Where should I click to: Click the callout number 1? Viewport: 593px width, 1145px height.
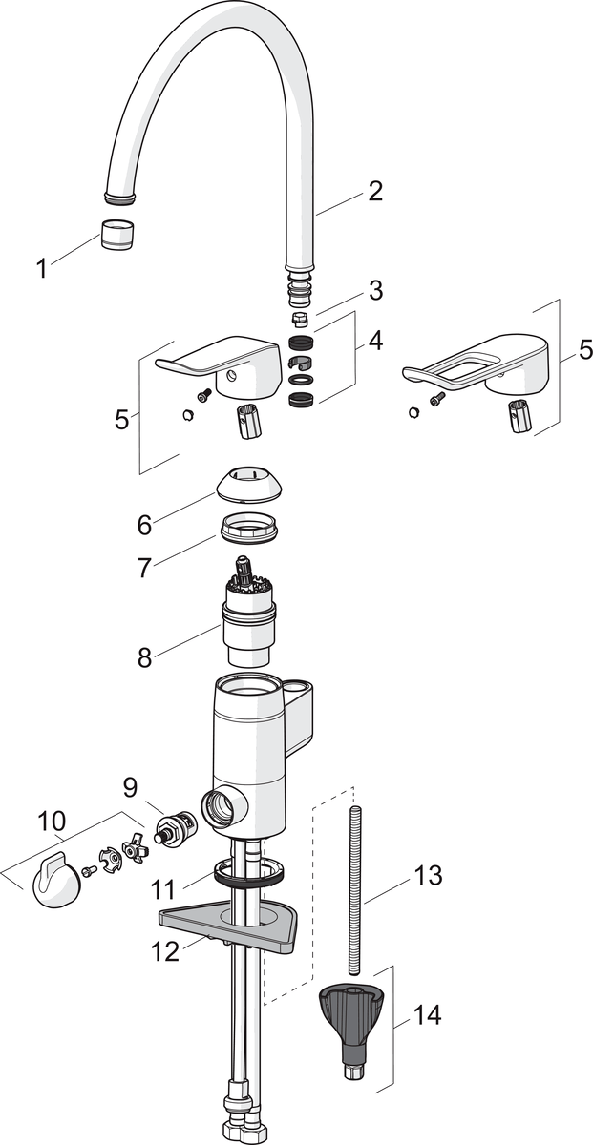click(41, 269)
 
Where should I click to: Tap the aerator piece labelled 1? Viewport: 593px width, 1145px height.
click(117, 233)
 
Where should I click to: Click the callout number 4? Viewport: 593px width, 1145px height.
click(375, 341)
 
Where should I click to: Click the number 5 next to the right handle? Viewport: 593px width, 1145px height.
click(584, 350)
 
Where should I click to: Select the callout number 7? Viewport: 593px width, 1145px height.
click(144, 569)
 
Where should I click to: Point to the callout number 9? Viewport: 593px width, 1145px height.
click(131, 788)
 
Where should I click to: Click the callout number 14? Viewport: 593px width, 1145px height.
click(427, 1016)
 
